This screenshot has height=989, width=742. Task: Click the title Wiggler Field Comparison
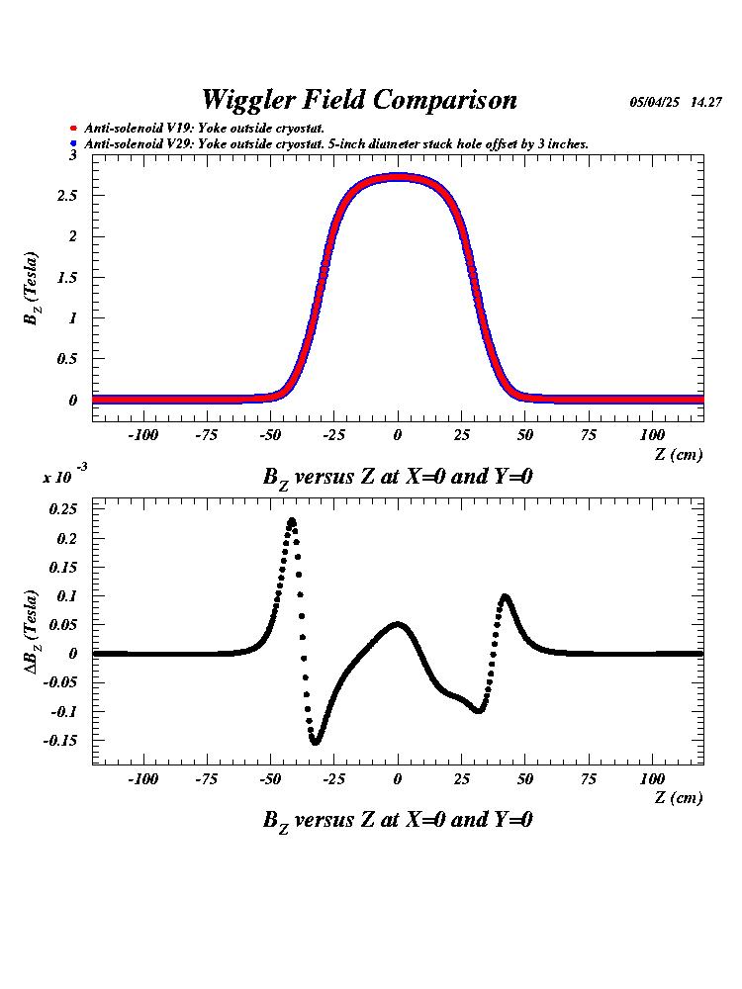[358, 100]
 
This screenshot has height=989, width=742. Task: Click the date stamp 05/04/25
[654, 103]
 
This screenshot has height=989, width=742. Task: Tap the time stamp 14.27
[706, 103]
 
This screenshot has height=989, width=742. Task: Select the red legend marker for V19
[74, 129]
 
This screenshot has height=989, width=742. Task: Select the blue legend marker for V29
[74, 144]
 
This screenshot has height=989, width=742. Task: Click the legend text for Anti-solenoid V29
[336, 144]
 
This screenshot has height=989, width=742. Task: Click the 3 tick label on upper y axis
[73, 155]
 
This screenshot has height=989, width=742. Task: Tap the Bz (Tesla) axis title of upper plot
[34, 288]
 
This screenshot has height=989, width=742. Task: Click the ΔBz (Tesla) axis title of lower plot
[34, 631]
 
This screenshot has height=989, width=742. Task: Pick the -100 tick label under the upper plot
[143, 435]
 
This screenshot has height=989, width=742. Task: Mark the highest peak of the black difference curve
[292, 520]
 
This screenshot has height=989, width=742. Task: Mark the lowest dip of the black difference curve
[316, 741]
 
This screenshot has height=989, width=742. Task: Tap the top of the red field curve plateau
[398, 177]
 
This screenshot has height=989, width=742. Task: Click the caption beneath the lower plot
[398, 820]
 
